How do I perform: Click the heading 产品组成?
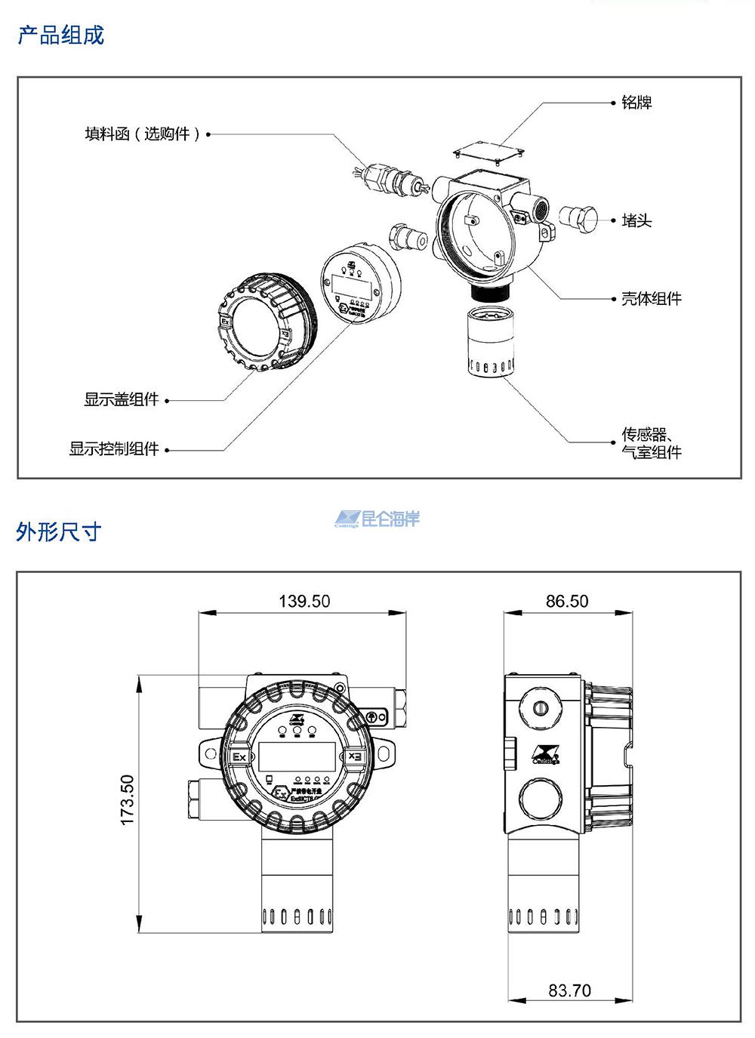(x=60, y=35)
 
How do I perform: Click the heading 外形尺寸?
(x=58, y=531)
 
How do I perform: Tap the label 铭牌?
(x=636, y=103)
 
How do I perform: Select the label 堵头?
(x=636, y=220)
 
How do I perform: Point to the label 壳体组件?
(x=651, y=299)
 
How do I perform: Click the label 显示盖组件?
(x=121, y=399)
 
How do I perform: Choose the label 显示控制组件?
(x=114, y=449)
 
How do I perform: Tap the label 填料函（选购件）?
(x=143, y=134)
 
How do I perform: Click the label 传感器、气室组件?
(x=651, y=444)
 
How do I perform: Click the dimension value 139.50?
(x=304, y=601)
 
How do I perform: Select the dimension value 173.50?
(x=127, y=799)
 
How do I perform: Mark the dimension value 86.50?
(x=567, y=601)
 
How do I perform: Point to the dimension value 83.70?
(x=569, y=990)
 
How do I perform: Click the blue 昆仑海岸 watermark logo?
(x=377, y=519)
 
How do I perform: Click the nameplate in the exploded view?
(x=489, y=151)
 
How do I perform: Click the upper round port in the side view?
(x=539, y=708)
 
